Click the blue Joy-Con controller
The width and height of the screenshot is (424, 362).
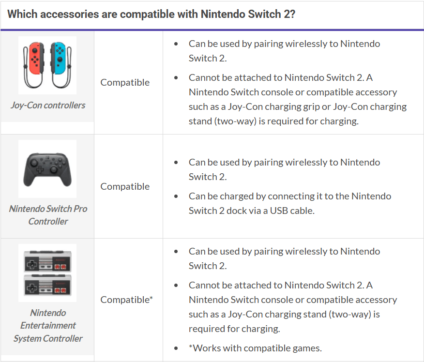point(61,65)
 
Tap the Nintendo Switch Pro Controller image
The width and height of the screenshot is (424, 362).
point(47,169)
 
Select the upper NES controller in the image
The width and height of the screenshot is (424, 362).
point(47,261)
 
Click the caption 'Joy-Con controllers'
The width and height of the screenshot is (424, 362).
point(48,105)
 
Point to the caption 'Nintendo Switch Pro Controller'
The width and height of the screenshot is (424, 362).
point(48,215)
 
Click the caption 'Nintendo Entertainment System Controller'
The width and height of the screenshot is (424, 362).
point(48,326)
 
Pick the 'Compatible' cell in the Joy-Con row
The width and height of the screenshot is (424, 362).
point(125,82)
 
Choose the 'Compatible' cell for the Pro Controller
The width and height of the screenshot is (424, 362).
point(125,186)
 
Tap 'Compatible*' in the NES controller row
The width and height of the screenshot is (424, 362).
point(126,300)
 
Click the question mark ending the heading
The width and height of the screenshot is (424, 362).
point(292,14)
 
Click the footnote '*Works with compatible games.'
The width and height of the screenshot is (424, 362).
point(255,348)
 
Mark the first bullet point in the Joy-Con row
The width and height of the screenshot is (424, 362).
point(176,44)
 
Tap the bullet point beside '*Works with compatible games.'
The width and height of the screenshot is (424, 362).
point(176,348)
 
